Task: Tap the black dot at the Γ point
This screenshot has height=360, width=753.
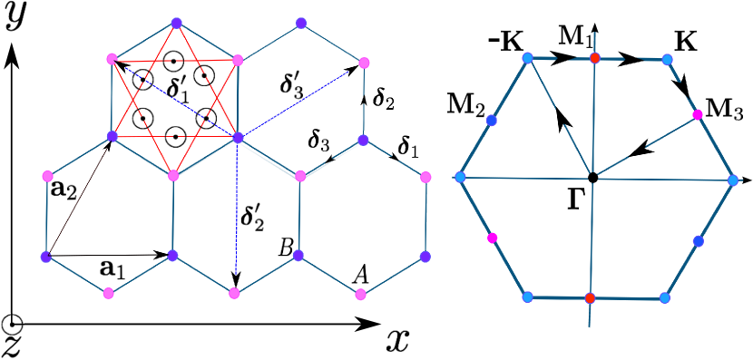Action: coord(592,176)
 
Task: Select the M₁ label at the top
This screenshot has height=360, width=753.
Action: coord(574,37)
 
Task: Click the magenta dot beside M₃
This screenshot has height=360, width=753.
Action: coord(698,114)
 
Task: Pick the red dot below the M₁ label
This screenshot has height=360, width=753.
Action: coord(595,58)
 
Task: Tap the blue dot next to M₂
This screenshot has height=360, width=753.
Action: coord(492,120)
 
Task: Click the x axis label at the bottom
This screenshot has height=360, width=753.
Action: coord(396,339)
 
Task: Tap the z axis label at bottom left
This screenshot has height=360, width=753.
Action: coord(11,346)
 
